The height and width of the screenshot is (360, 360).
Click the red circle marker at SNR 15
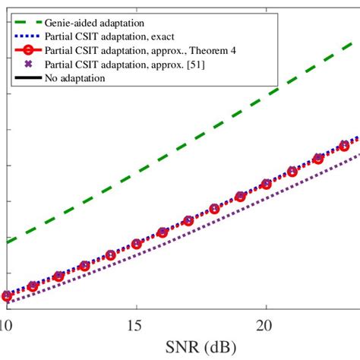(137, 244)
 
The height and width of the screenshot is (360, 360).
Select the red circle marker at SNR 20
(266, 184)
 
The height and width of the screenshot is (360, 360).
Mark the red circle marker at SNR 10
(7, 296)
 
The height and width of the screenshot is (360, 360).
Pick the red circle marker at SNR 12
(58, 276)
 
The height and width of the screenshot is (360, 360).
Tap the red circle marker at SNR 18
(214, 209)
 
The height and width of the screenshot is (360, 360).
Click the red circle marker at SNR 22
(317, 159)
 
